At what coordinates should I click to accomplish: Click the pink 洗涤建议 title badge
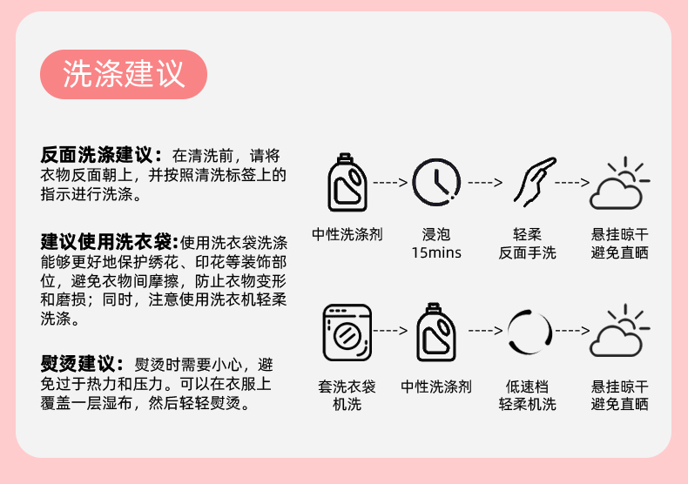pos(124,74)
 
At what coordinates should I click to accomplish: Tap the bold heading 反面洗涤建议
pos(101,156)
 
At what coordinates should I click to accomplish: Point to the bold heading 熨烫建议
pos(84,363)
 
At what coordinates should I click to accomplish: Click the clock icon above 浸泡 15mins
pos(436,183)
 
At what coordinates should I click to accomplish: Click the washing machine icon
pos(347,332)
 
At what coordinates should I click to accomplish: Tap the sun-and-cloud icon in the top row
pos(620,184)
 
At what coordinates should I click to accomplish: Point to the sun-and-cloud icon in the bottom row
pos(620,332)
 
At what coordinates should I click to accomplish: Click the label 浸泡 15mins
pos(436,244)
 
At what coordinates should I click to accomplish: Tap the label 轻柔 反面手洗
pos(527,244)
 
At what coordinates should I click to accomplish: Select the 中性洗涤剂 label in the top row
pos(347,235)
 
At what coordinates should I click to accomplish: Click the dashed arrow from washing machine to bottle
pos(391,332)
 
